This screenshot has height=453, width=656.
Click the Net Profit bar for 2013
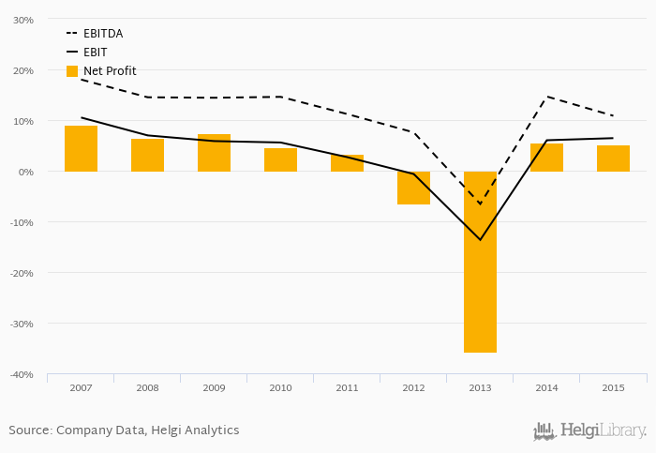(480, 262)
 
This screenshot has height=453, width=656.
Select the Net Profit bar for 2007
(81, 148)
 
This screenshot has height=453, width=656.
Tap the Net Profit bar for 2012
(413, 188)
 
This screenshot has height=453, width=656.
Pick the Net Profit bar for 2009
(214, 153)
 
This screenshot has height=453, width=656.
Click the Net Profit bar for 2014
(546, 158)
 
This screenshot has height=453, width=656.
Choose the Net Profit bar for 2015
(613, 159)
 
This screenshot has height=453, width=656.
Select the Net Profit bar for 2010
(280, 159)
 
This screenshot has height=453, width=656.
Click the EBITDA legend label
(102, 34)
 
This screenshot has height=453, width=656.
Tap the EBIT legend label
(96, 53)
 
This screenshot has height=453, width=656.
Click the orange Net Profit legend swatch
(72, 71)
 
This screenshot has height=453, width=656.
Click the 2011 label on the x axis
(347, 387)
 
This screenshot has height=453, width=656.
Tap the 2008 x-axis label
(147, 387)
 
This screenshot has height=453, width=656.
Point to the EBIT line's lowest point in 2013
(480, 239)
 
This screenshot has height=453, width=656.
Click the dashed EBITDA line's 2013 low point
(480, 204)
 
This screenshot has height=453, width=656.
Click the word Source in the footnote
(29, 430)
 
